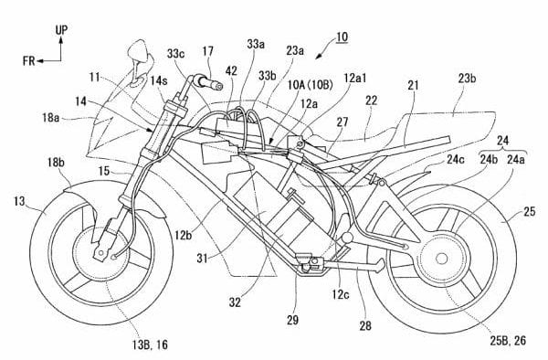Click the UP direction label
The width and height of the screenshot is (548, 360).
(x=61, y=29)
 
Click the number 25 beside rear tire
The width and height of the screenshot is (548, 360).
(x=529, y=212)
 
